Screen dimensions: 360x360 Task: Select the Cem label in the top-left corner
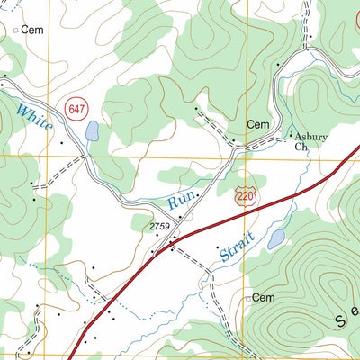[x=34, y=30]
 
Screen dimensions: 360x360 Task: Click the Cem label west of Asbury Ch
[x=258, y=125]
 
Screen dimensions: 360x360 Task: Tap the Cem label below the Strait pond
[x=263, y=297]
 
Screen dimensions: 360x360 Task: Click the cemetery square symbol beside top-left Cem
[x=15, y=30]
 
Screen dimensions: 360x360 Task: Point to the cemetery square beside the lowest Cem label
[x=247, y=298]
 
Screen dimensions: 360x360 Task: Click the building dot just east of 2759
[x=180, y=217]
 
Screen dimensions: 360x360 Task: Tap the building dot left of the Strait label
[x=218, y=245]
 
